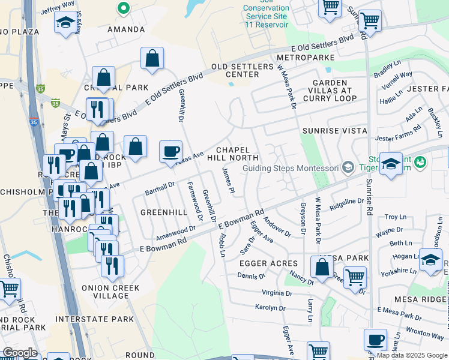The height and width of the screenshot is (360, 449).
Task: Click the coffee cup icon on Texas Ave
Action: [171, 151]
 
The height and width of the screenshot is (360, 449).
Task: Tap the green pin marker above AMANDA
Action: [124, 8]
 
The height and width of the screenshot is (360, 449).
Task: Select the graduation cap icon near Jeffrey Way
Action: [65, 23]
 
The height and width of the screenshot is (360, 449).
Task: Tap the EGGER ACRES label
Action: [268, 263]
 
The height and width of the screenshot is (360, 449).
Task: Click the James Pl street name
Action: [228, 181]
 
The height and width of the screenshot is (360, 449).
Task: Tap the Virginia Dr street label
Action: [277, 293]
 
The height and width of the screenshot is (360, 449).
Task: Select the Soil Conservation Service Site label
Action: [267, 13]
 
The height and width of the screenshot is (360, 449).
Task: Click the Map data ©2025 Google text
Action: [411, 355]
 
